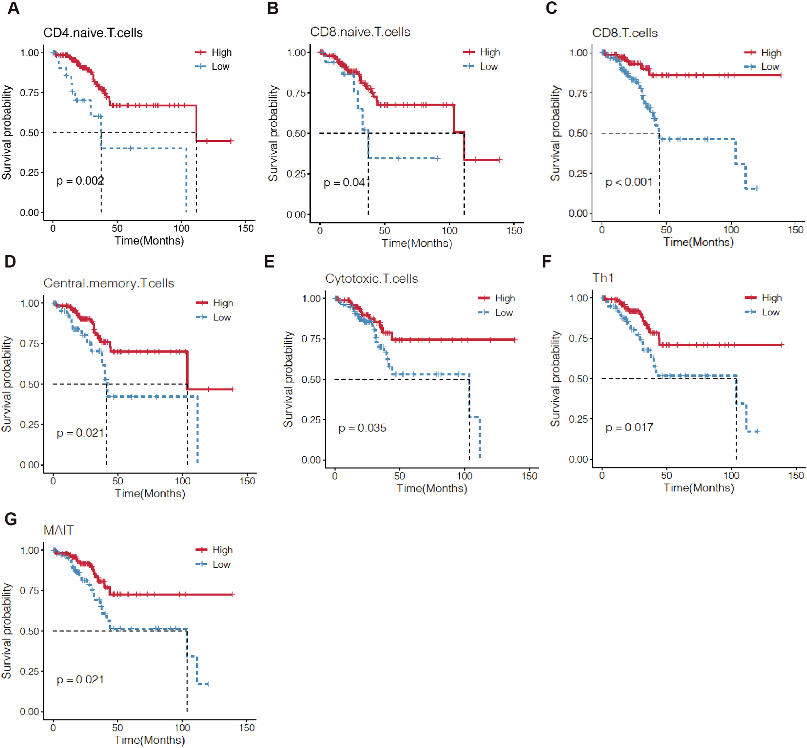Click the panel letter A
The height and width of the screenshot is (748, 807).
[x=13, y=8]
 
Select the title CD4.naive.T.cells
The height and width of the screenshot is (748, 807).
[x=93, y=33]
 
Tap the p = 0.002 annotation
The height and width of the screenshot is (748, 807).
[x=80, y=181]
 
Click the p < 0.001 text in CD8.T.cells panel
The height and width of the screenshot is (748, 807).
[x=629, y=182]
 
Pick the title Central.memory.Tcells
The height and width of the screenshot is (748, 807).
[x=108, y=283]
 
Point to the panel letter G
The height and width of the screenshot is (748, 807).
[x=11, y=519]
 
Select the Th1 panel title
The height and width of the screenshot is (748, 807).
[x=603, y=278]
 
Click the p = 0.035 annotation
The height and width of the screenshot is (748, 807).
[x=362, y=428]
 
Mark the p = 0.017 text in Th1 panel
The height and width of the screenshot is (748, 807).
[x=629, y=427]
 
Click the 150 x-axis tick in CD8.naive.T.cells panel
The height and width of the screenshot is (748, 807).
[x=514, y=231]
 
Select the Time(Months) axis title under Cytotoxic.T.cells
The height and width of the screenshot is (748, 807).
[x=432, y=488]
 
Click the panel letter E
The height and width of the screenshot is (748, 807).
[x=269, y=261]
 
